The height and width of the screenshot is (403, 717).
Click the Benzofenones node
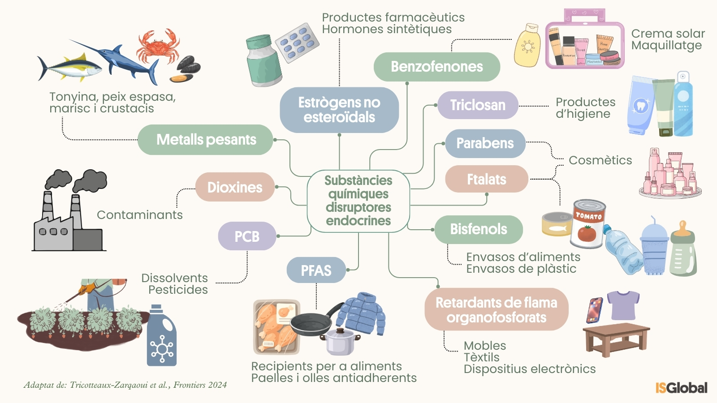click(436, 67)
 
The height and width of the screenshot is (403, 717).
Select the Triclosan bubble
click(478, 105)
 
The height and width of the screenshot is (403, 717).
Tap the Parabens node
click(485, 143)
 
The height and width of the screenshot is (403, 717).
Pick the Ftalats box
click(486, 179)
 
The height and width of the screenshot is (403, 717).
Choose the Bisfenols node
click(478, 229)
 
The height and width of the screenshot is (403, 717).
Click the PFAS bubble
click(316, 270)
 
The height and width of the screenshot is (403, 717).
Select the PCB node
click(247, 236)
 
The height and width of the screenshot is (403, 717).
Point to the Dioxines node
click(235, 187)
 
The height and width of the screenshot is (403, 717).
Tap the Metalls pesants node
click(206, 140)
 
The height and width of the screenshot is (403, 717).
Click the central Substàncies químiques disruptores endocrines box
click(358, 201)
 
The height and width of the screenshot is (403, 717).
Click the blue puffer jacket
click(362, 313)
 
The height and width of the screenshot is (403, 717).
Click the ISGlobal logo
click(681, 387)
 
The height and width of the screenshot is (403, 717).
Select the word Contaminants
click(140, 215)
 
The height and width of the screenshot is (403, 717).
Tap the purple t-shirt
click(623, 304)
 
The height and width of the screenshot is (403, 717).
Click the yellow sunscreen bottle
click(527, 46)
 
